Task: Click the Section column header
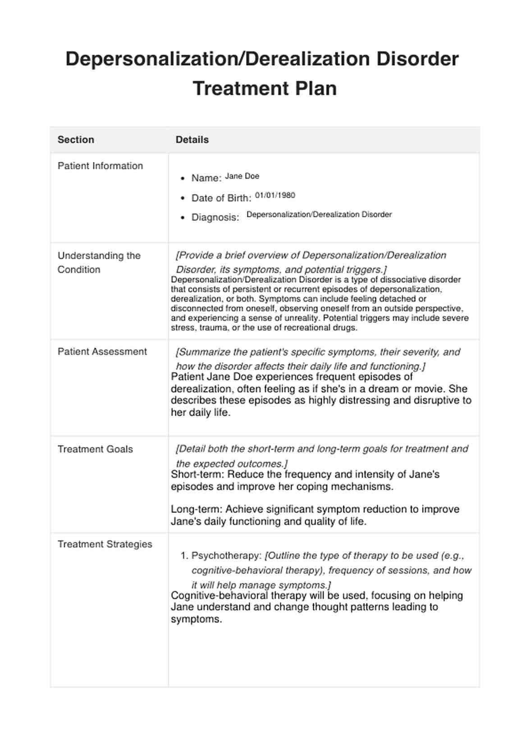click(x=76, y=140)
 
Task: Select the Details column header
click(x=192, y=140)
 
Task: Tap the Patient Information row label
click(x=100, y=166)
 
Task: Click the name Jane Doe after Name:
click(x=242, y=176)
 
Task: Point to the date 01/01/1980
click(x=275, y=195)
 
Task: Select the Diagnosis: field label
click(x=215, y=217)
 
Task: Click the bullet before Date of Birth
click(x=183, y=198)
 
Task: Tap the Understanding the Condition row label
click(x=99, y=263)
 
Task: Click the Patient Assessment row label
click(x=102, y=352)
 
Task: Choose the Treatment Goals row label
click(x=95, y=449)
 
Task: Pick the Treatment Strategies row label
click(x=105, y=544)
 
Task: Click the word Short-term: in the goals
click(x=197, y=474)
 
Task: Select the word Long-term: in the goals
click(x=196, y=509)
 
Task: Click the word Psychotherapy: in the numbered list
click(x=226, y=556)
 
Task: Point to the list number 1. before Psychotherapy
click(x=184, y=556)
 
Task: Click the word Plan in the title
click(x=316, y=88)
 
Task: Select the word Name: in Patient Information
click(x=206, y=178)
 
